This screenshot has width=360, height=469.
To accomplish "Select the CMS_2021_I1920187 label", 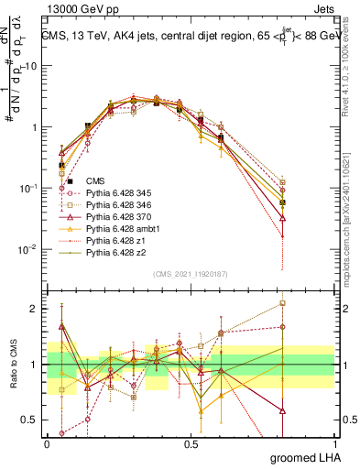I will coord(190,274).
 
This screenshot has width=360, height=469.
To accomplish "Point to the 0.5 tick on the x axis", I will coord(191,443).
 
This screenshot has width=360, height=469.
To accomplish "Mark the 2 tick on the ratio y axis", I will coord(36,309).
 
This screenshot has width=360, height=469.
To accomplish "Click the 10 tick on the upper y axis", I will coord(31,66).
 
